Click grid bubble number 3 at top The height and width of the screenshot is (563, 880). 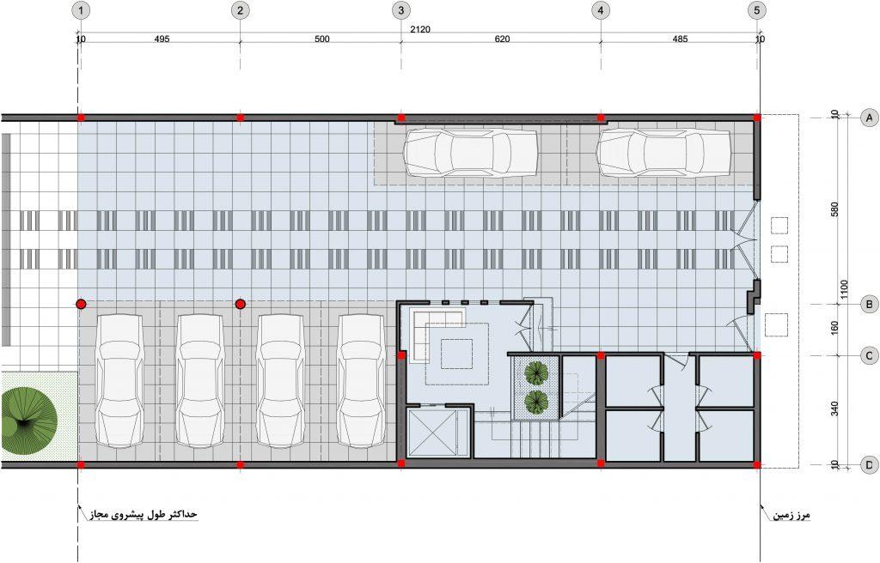(400, 10)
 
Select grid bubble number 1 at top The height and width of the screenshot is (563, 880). (82, 10)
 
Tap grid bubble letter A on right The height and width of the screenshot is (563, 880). (870, 118)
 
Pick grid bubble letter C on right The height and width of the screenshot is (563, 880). (870, 355)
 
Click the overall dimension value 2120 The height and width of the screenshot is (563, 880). (419, 30)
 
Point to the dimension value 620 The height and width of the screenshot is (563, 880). (502, 39)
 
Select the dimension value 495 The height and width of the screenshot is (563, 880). (161, 39)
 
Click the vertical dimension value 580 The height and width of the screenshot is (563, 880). (834, 210)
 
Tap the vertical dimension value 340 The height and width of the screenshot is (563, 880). (834, 409)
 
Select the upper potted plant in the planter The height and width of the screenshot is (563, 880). (536, 372)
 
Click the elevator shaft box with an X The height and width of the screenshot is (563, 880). (431, 433)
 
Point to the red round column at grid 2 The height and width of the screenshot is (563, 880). (241, 304)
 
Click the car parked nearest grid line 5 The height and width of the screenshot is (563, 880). (664, 152)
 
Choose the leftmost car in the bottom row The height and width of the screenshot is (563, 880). (120, 380)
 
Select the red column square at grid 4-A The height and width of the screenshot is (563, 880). (601, 118)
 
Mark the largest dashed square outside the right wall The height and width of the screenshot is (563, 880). (776, 324)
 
